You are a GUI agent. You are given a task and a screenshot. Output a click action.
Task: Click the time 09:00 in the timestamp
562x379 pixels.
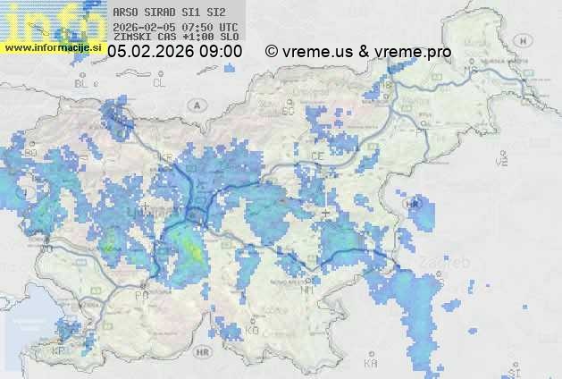[x=220, y=52]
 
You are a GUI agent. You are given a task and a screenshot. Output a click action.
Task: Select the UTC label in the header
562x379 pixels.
[x=228, y=27]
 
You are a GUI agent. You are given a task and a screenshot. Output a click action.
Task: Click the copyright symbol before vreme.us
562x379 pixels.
[x=272, y=52]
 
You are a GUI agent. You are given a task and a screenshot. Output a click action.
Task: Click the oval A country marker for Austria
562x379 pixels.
[x=196, y=105]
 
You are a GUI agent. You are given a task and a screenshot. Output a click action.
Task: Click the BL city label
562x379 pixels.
[x=84, y=83]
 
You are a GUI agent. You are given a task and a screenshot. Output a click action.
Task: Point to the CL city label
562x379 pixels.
[x=160, y=83]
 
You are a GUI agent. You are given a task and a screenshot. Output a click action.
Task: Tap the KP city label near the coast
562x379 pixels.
[x=59, y=351]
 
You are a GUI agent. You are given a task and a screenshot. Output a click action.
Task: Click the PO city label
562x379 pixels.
[x=141, y=295]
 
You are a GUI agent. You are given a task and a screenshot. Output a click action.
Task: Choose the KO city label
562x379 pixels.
[x=252, y=330]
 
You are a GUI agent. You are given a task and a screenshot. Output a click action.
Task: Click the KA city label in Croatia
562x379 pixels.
[x=370, y=364]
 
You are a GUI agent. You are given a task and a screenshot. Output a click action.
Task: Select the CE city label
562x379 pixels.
[x=317, y=156]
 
